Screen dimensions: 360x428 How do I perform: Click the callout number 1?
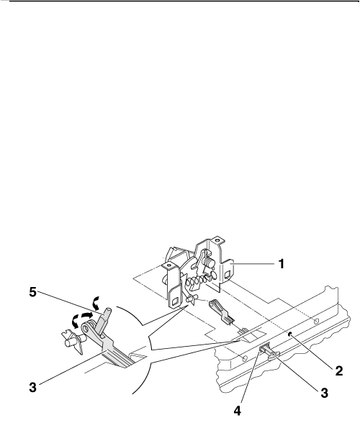(281, 264)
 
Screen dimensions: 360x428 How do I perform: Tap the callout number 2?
(338, 371)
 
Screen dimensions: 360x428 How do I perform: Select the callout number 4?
(238, 411)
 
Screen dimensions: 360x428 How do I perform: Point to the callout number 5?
(33, 292)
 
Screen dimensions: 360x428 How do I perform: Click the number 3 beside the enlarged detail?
(33, 387)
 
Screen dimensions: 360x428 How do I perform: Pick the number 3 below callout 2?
(324, 393)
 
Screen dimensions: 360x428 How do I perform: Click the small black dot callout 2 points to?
(291, 334)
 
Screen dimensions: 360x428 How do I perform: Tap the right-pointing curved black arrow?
(87, 316)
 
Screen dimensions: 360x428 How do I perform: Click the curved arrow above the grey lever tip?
(96, 302)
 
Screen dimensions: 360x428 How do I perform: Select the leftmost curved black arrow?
(74, 321)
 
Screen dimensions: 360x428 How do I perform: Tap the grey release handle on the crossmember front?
(269, 352)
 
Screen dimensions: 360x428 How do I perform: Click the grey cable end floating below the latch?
(222, 312)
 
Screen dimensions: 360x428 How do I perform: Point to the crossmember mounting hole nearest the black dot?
(316, 321)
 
